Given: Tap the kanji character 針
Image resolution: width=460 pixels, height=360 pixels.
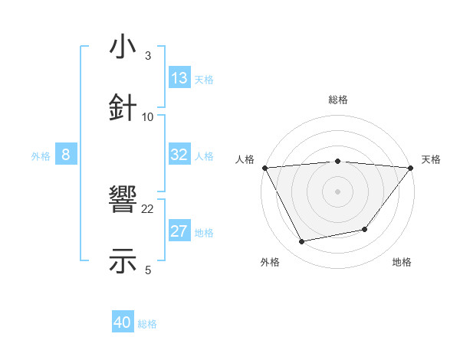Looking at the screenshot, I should [x=123, y=107].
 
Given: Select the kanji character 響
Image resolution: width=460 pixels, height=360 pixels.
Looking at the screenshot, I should [x=123, y=201].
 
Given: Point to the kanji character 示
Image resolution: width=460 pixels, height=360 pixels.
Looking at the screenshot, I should [x=123, y=260].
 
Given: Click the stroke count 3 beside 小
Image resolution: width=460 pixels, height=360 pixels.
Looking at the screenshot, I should [x=147, y=56].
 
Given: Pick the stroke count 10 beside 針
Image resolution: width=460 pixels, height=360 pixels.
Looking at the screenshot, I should [x=147, y=116].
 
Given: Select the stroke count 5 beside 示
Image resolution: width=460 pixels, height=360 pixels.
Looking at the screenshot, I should [x=147, y=270].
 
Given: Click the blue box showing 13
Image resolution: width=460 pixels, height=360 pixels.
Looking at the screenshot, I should [x=179, y=78].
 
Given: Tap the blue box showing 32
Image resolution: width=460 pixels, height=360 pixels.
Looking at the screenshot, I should [x=179, y=155].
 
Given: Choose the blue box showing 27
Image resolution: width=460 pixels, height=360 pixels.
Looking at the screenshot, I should [x=179, y=231].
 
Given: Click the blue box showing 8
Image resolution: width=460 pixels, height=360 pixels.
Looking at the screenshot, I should [x=65, y=155].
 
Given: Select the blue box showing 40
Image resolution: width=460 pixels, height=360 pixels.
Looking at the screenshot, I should [x=123, y=322].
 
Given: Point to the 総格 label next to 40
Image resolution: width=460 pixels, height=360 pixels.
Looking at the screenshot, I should [x=148, y=324].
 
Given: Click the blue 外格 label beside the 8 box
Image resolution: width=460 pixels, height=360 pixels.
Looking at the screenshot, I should [x=41, y=156].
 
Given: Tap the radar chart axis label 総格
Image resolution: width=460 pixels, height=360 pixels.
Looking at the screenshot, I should [x=337, y=100].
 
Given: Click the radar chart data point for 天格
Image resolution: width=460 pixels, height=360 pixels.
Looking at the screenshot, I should [x=411, y=168].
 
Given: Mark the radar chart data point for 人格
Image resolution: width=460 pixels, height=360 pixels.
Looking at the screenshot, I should [x=264, y=168].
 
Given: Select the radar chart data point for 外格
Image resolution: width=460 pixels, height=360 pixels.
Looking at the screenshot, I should [x=302, y=242].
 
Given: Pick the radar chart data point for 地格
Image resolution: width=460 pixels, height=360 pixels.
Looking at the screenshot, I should [x=365, y=229].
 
